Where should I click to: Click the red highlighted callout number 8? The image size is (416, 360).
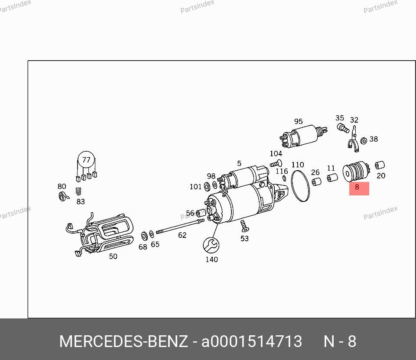tap(357, 187)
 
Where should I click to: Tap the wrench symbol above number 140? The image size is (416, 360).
tap(211, 245)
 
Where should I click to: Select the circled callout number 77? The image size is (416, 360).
tap(86, 160)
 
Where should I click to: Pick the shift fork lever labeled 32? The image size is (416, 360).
tap(354, 140)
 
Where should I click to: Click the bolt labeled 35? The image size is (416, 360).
tap(343, 128)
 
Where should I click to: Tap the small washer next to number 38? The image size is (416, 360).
tap(364, 140)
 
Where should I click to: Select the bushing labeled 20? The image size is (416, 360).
tap(380, 165)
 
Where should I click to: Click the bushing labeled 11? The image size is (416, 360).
tap(332, 178)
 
